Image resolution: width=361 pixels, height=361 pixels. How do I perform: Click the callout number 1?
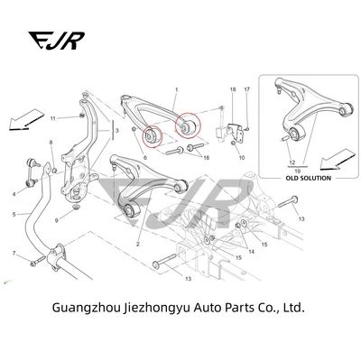[177, 89]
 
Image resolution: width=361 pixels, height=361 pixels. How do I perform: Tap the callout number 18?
[233, 89]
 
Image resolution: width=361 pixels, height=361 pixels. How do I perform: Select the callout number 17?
[246, 89]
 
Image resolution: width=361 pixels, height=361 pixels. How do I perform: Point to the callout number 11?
[53, 118]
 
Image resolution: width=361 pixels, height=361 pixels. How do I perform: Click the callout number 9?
[56, 220]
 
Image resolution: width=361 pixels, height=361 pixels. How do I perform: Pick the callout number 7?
[14, 254]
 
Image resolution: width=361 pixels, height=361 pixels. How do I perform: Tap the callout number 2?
[138, 245]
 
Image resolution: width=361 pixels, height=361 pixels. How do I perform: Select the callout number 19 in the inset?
[298, 171]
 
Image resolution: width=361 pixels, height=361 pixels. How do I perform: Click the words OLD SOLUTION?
[308, 178]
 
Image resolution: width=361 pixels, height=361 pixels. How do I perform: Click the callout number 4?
[14, 194]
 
